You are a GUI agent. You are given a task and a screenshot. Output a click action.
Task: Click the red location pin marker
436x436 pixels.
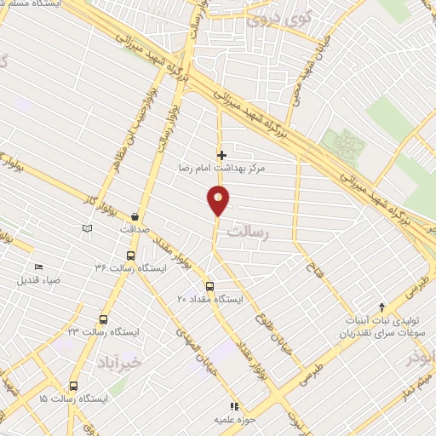pos(218,201)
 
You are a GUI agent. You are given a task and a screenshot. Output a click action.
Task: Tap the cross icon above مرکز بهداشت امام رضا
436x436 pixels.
pos(222,155)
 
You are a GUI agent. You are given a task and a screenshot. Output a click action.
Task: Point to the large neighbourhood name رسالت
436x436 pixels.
pos(275,232)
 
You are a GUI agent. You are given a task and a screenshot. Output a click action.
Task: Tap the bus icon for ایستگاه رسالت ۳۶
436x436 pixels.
pos(130,255)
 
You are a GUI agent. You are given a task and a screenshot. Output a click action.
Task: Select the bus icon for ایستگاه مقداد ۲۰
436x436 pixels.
pos(209,286)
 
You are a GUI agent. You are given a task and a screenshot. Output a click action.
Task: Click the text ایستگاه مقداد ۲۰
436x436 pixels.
pos(209,300)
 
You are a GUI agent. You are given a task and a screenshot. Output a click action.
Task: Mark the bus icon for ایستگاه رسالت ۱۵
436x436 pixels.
pos(73,386)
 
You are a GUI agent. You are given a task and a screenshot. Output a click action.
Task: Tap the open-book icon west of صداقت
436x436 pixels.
pos(84,228)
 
